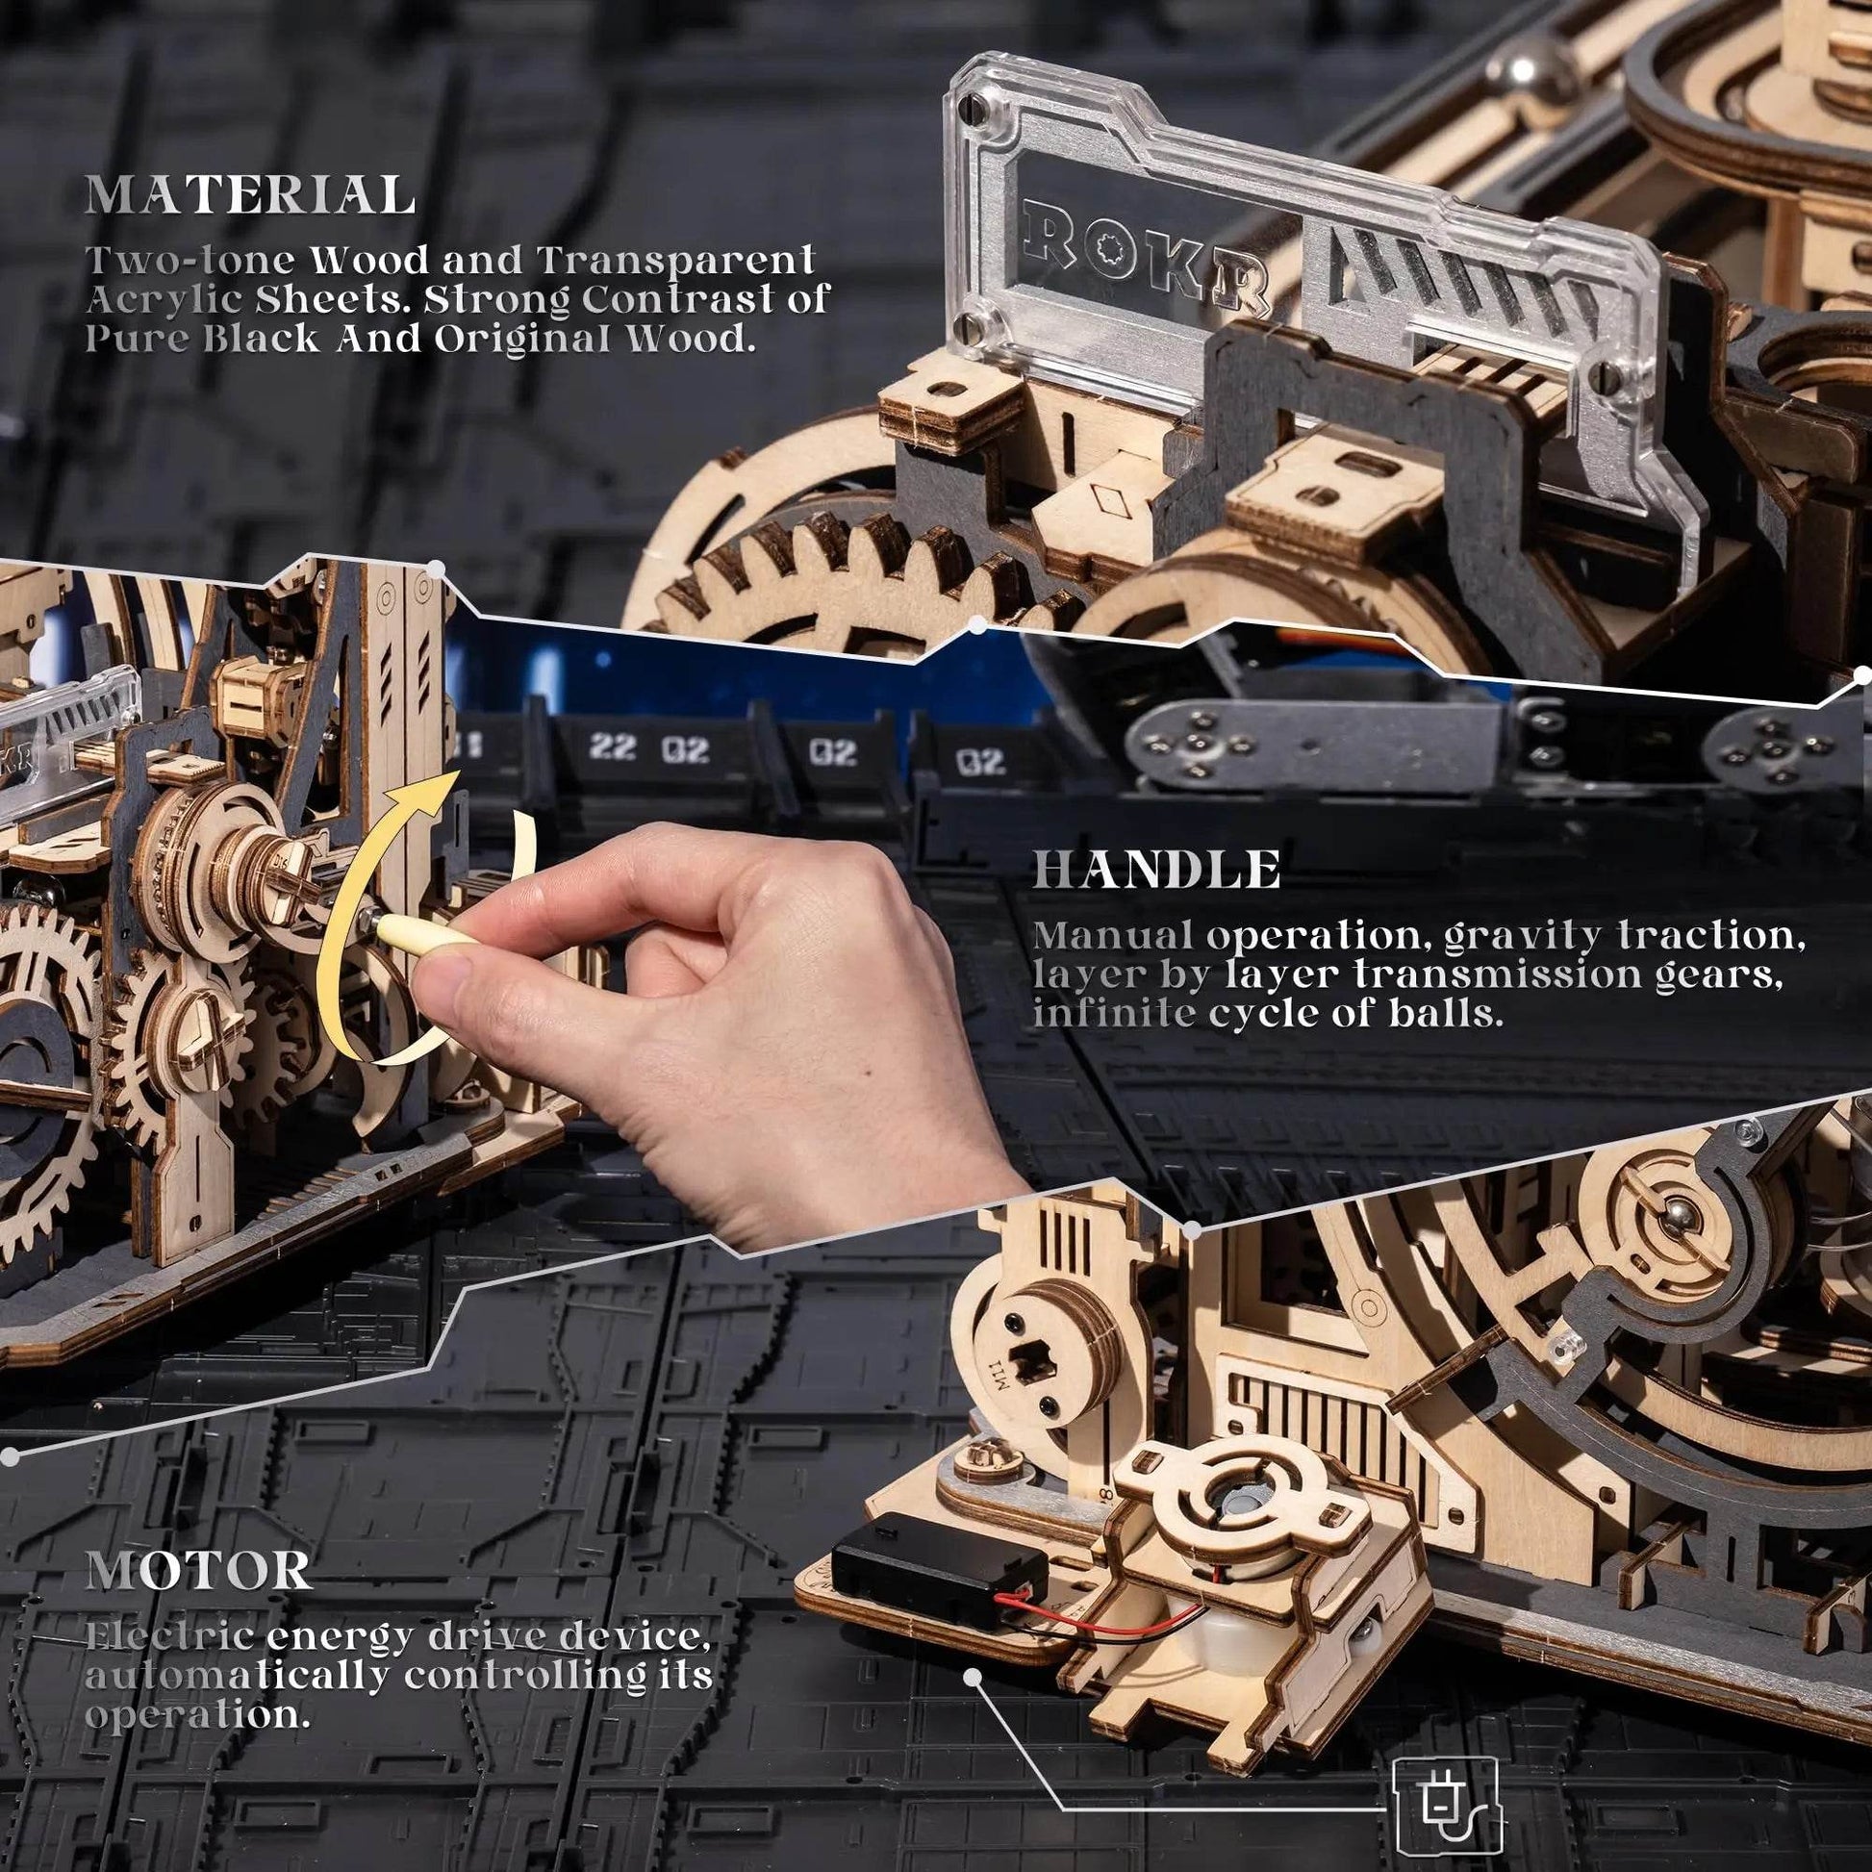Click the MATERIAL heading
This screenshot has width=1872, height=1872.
[250, 195]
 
